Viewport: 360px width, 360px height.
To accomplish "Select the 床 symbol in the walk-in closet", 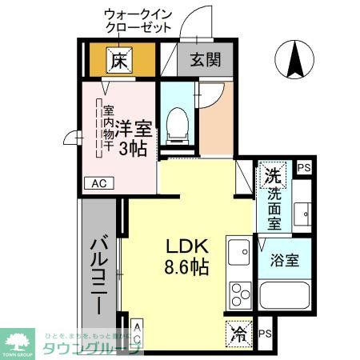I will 119,58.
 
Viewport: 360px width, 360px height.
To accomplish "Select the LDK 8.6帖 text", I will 188,256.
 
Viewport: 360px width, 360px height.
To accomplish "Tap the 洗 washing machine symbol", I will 272,174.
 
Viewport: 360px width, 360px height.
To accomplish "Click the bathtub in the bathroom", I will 285,296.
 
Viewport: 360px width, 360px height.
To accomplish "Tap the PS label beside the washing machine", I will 303,168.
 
